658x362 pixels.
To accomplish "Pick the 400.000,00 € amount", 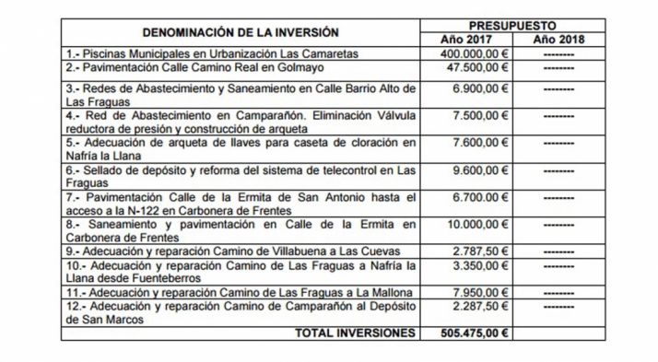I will click(x=466, y=54).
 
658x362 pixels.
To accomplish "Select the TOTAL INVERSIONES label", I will click(x=353, y=332).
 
